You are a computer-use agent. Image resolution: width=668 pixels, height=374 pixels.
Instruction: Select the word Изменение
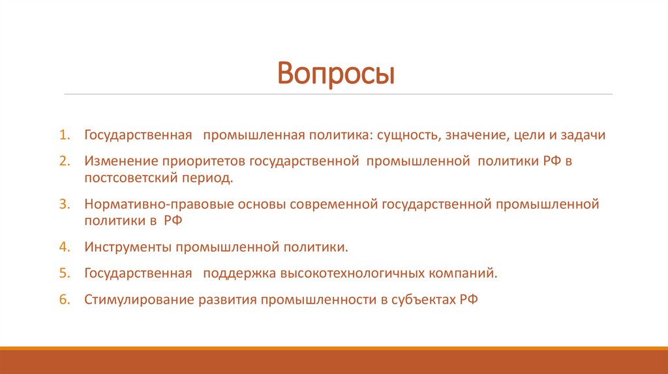pyautogui.click(x=115, y=160)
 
